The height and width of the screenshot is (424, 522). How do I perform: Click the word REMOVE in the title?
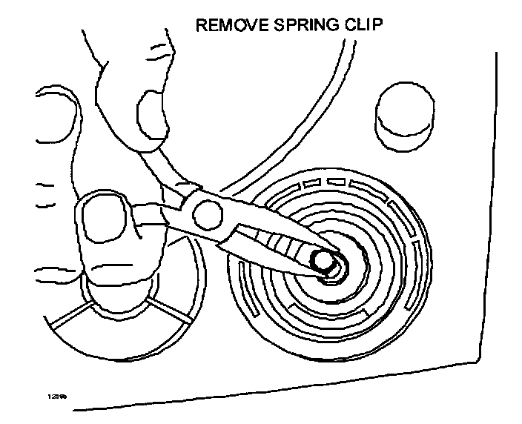click(x=226, y=26)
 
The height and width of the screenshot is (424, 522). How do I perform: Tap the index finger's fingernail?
click(x=153, y=116)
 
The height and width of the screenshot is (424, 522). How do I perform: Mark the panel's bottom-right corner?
click(x=475, y=362)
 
